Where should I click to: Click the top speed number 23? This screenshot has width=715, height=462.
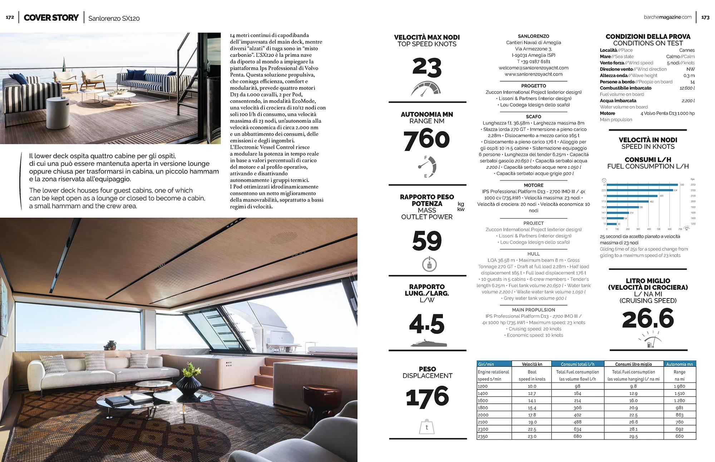coord(427,67)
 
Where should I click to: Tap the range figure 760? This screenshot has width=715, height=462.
coord(426,139)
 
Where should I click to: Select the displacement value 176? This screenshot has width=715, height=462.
coord(427,397)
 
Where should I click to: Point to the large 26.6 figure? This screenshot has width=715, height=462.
coord(648,318)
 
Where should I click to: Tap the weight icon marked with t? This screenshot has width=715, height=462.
coord(426,427)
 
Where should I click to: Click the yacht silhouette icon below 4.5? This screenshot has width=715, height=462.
coord(428,344)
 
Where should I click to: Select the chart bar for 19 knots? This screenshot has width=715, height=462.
coord(632,196)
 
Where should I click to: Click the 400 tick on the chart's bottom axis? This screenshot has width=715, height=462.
coord(649,229)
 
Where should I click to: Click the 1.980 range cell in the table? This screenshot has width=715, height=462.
coord(679,386)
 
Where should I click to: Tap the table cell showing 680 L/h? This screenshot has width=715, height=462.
coord(577,436)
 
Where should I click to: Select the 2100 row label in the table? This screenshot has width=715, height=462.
coord(483,422)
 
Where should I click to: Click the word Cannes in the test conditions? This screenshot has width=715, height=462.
coord(687,50)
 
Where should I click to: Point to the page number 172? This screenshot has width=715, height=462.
coord(10,17)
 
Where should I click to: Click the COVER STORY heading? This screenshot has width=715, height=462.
coord(51,18)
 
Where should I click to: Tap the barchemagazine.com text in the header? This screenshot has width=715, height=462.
coord(667,17)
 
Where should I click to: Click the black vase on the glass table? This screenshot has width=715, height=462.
coord(188,384)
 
